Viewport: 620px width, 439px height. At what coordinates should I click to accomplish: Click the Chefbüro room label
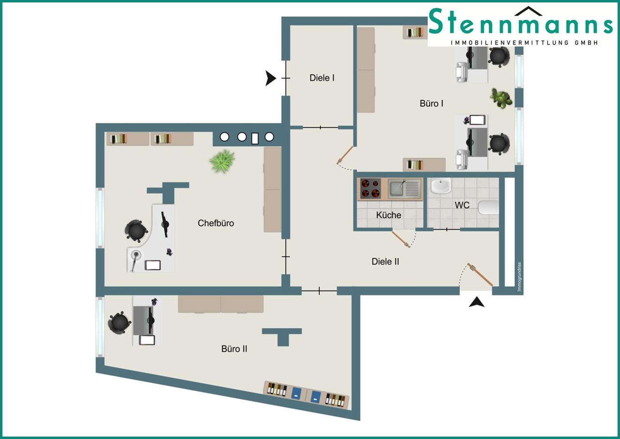tap(216, 223)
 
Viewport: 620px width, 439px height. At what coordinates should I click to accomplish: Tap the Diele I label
tap(322, 78)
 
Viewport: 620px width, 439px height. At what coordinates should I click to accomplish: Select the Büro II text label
tap(234, 349)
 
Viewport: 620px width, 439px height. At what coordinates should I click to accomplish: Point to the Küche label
tap(388, 215)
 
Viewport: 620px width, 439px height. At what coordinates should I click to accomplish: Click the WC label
tap(462, 205)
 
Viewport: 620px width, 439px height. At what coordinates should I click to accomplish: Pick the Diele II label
tap(385, 262)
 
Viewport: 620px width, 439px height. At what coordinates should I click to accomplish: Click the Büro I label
tap(431, 104)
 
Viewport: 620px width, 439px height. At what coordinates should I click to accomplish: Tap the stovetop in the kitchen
tap(371, 188)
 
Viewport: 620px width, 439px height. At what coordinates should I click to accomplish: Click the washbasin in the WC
tap(441, 186)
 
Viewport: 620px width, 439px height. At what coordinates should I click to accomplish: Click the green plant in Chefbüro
tap(222, 161)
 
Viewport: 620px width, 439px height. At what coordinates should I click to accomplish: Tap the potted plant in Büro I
tap(501, 98)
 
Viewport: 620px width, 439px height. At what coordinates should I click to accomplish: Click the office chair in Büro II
tap(119, 322)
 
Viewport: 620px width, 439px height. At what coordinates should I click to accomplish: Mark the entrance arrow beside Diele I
tap(270, 78)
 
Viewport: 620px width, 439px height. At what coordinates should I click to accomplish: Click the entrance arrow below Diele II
tap(477, 302)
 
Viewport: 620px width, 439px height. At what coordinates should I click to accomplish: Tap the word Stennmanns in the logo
tap(520, 22)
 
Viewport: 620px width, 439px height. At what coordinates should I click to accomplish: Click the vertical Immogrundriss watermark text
tap(519, 276)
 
